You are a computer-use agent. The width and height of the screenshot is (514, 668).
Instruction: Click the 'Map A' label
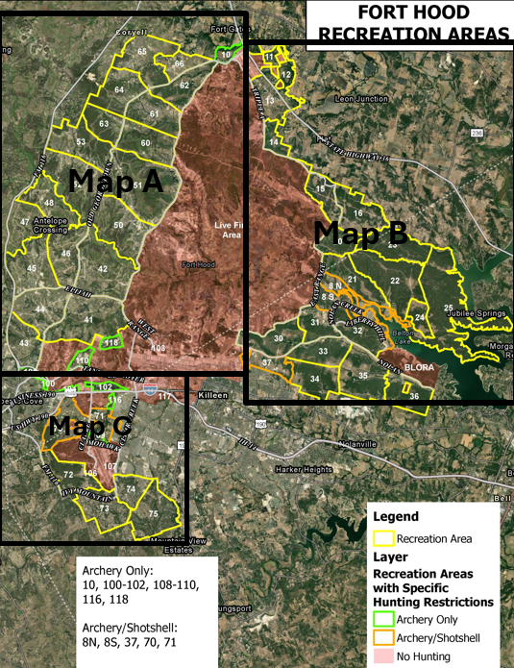click(113, 182)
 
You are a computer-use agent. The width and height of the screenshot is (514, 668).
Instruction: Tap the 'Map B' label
click(361, 233)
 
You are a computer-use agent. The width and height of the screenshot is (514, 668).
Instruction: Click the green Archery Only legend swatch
click(386, 619)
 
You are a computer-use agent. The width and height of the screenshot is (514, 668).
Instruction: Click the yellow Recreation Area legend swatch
click(386, 538)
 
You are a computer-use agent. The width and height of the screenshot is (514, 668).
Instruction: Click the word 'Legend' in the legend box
click(395, 517)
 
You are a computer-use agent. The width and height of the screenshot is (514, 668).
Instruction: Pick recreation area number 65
click(142, 51)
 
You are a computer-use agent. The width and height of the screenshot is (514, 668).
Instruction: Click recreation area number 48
click(48, 203)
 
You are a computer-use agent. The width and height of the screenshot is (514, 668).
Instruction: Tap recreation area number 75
click(153, 515)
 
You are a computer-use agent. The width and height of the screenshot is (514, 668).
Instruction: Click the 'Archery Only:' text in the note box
click(113, 569)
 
